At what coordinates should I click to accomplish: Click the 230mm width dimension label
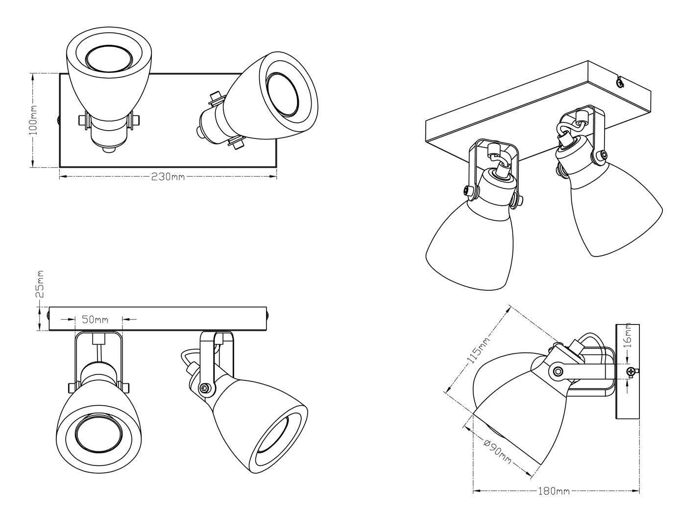coord(168,177)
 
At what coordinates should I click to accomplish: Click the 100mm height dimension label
coord(33,120)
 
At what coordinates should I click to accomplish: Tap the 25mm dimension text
coord(40,284)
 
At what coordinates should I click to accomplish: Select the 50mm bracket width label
coord(95,319)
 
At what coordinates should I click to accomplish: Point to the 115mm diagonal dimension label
coord(478,349)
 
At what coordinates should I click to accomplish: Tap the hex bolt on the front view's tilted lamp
coord(205,388)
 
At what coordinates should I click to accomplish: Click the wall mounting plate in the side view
coord(627,371)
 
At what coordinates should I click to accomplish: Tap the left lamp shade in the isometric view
coord(469,238)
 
